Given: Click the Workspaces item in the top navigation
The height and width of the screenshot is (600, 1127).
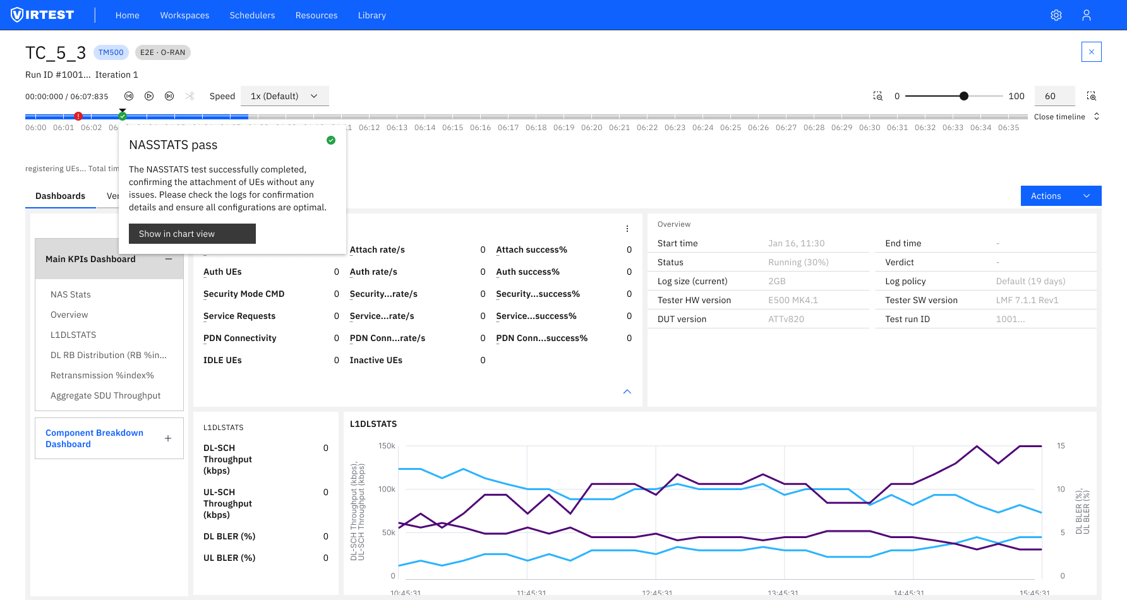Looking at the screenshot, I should tap(184, 15).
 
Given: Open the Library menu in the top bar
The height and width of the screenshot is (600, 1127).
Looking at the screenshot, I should tap(371, 15).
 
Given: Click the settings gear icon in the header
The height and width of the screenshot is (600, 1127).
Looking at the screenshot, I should tap(1056, 15).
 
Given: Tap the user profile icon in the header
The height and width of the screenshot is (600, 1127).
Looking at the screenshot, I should tap(1087, 15).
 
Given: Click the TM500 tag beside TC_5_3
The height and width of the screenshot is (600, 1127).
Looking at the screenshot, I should tap(111, 52).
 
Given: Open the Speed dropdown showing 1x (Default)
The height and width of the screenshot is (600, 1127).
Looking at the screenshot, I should tap(284, 96).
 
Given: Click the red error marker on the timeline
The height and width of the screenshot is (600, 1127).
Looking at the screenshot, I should tap(78, 116).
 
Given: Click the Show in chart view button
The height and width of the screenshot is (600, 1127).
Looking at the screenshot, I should tap(192, 234).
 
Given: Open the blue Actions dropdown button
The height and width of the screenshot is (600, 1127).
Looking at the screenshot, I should tap(1061, 196).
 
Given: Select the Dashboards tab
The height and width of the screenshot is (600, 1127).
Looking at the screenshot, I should tap(60, 196).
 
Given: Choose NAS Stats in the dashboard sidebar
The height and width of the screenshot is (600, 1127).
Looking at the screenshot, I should tap(71, 294).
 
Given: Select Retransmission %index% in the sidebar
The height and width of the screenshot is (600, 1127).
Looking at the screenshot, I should tap(102, 375).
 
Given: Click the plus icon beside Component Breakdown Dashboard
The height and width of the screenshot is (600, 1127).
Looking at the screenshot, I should tap(168, 438).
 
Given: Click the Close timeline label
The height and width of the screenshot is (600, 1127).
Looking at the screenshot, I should tap(1059, 117).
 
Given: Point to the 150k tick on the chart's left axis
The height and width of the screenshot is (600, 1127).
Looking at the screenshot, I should tap(387, 446).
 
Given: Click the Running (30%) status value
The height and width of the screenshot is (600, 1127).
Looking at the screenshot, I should tap(799, 262).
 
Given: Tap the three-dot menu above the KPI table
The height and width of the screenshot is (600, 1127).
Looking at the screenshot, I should tap(627, 229).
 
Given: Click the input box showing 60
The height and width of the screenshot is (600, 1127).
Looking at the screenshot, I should tap(1054, 96).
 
